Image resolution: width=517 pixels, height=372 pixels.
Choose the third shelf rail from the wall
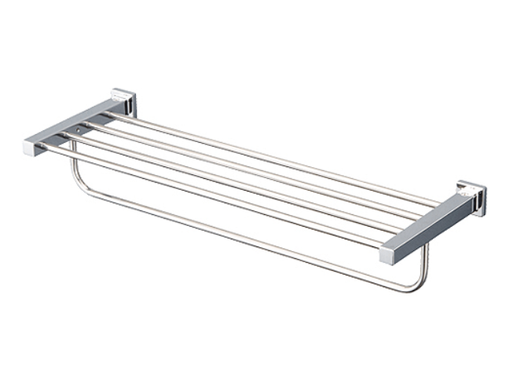(x=236, y=181)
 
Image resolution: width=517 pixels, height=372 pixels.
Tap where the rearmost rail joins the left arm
(x=110, y=114)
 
